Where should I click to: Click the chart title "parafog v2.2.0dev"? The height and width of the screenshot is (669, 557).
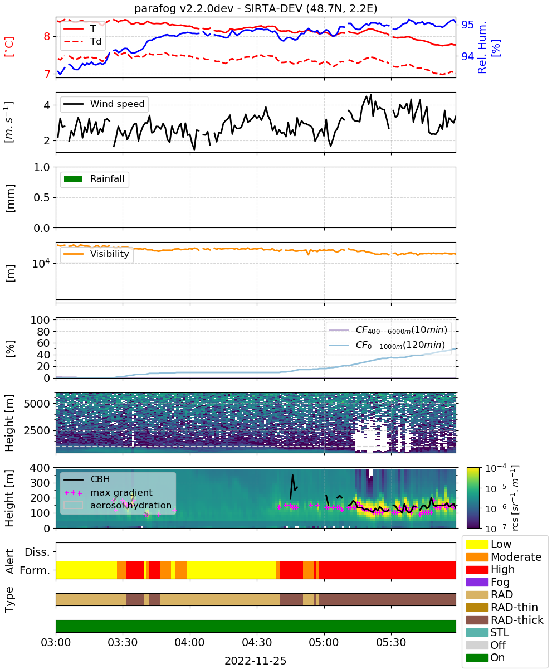(184, 8)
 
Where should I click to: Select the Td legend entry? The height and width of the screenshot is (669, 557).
(82, 41)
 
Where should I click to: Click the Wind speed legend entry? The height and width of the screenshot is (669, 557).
(104, 104)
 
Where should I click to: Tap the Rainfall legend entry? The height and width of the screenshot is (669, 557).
(94, 178)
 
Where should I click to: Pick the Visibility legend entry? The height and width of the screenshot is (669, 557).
(96, 254)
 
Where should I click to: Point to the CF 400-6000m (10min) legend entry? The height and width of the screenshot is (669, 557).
(388, 330)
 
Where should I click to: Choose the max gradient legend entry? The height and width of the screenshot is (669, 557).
(109, 492)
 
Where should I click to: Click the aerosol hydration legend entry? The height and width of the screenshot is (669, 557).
(118, 505)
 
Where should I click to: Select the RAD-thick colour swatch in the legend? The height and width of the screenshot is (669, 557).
(477, 620)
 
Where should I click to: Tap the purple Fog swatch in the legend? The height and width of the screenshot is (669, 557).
(477, 582)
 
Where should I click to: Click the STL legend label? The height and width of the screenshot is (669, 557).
(500, 632)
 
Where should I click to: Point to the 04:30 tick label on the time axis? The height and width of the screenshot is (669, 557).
(257, 642)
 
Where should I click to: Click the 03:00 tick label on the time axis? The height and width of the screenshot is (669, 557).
(56, 642)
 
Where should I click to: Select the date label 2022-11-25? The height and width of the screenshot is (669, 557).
(256, 661)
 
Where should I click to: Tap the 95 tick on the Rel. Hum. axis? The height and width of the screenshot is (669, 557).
(467, 25)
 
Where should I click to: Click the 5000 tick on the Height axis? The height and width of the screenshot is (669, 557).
(37, 404)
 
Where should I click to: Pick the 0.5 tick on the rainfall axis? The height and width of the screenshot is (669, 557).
(42, 197)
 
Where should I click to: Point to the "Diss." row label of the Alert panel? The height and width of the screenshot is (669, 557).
(37, 552)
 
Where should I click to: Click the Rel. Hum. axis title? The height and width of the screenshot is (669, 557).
(488, 47)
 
